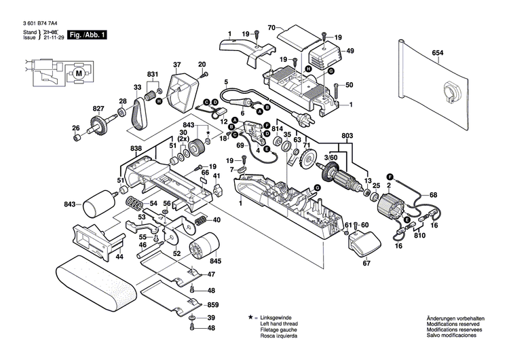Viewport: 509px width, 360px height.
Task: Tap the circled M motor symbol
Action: tap(78, 73)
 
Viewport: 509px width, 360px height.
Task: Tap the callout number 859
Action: tap(212, 305)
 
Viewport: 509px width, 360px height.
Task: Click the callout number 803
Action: tap(347, 137)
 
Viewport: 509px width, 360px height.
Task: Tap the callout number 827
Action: tap(99, 109)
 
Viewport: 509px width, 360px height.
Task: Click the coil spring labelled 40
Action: tap(201, 221)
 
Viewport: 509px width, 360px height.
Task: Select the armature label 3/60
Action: tap(331, 158)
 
